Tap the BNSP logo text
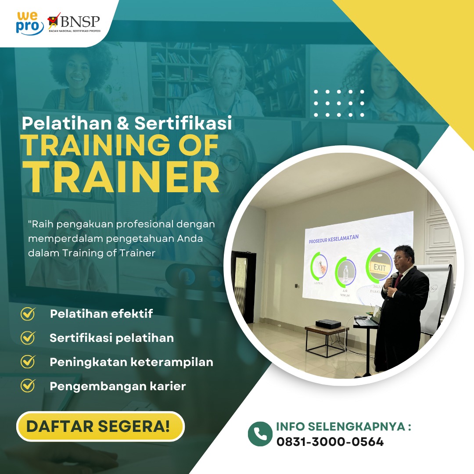[x=80, y=21]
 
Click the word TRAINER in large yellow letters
[x=123, y=176]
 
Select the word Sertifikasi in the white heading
[x=183, y=123]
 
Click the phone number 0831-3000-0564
[x=330, y=442]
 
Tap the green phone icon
[x=260, y=434]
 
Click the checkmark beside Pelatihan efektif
[x=29, y=314]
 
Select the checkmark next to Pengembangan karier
[x=29, y=385]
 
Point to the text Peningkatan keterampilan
[x=131, y=362]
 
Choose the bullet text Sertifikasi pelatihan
[x=111, y=338]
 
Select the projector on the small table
[x=328, y=323]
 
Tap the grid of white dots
[x=339, y=103]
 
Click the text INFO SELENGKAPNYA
[x=344, y=427]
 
